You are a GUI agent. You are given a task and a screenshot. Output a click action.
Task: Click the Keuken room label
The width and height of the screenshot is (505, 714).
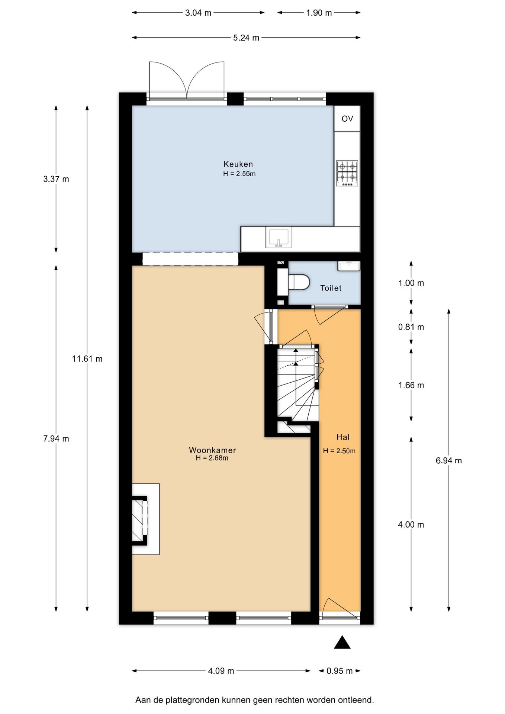tap(238, 164)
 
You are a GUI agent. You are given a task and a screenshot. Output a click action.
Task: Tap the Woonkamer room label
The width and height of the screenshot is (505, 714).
tap(212, 450)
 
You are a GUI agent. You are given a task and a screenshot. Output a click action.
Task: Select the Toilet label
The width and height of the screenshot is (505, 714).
tap(331, 288)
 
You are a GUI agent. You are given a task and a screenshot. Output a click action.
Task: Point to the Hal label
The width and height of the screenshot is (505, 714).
tap(343, 437)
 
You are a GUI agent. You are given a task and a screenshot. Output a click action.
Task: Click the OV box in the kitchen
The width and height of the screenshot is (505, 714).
tap(347, 119)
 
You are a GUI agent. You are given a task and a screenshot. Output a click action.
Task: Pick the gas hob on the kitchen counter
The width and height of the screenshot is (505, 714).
tap(347, 173)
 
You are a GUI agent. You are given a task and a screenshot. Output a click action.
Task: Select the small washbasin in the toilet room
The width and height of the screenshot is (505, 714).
tap(349, 266)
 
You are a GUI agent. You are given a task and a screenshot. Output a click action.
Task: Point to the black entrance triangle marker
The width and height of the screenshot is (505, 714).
tap(342, 642)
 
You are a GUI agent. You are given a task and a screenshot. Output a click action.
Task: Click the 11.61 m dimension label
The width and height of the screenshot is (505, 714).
tap(87, 359)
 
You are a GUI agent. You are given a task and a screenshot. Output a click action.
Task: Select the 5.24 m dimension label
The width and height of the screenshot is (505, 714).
tap(246, 38)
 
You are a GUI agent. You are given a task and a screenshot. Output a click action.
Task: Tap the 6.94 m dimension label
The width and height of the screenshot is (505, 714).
tap(449, 460)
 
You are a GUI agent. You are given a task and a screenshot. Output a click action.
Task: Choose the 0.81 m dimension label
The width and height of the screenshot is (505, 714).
tap(411, 327)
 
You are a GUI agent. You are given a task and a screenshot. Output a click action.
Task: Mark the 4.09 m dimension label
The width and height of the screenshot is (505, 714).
tap(221, 671)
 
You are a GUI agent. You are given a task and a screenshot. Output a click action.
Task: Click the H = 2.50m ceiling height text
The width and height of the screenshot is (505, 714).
tap(339, 451)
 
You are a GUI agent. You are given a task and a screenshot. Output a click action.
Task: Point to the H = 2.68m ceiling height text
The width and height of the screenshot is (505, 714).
tap(212, 458)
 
